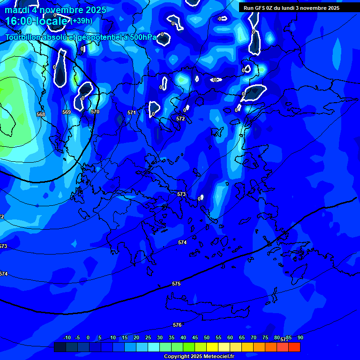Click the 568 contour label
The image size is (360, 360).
coord(41,114)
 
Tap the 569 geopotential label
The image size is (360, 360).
coord(67,112)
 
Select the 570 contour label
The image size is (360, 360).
coord(95,112)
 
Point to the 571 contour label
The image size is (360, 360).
coord(132,112)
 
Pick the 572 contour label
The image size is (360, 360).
coord(180,119)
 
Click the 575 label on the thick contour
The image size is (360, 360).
coord(176,284)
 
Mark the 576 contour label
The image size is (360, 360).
coord(177,325)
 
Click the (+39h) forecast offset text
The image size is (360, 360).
coord(81,21)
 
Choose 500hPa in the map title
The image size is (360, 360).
coord(143,37)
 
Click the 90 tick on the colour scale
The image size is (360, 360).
coord(300,337)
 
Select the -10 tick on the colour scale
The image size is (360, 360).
coord(67,337)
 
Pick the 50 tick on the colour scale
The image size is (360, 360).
coord(206,337)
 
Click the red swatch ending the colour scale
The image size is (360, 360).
coord(294,347)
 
